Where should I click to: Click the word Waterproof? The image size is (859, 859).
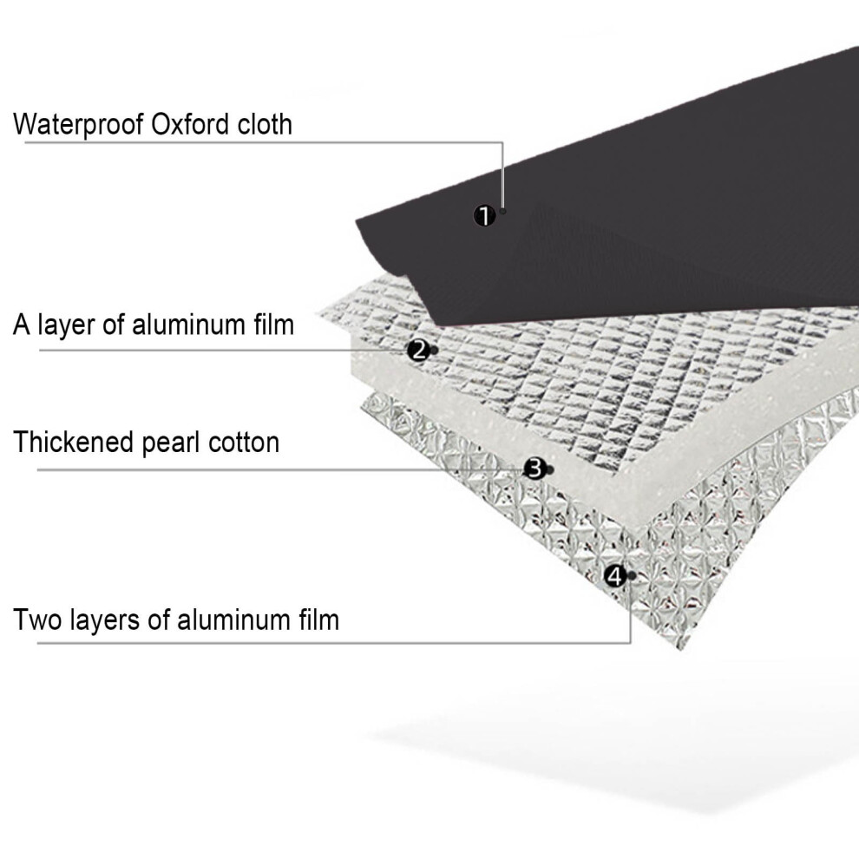click(x=79, y=125)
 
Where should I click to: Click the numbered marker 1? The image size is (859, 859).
click(x=484, y=216)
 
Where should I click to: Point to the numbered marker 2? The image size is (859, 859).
click(x=418, y=350)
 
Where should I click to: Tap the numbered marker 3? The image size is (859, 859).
click(x=534, y=469)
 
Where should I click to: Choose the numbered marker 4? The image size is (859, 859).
click(x=615, y=576)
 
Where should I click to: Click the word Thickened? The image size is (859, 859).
click(x=74, y=443)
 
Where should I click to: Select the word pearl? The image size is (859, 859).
click(x=172, y=443)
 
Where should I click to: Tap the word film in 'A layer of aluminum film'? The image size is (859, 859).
click(x=274, y=325)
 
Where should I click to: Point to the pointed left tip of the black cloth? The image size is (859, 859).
click(x=357, y=221)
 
